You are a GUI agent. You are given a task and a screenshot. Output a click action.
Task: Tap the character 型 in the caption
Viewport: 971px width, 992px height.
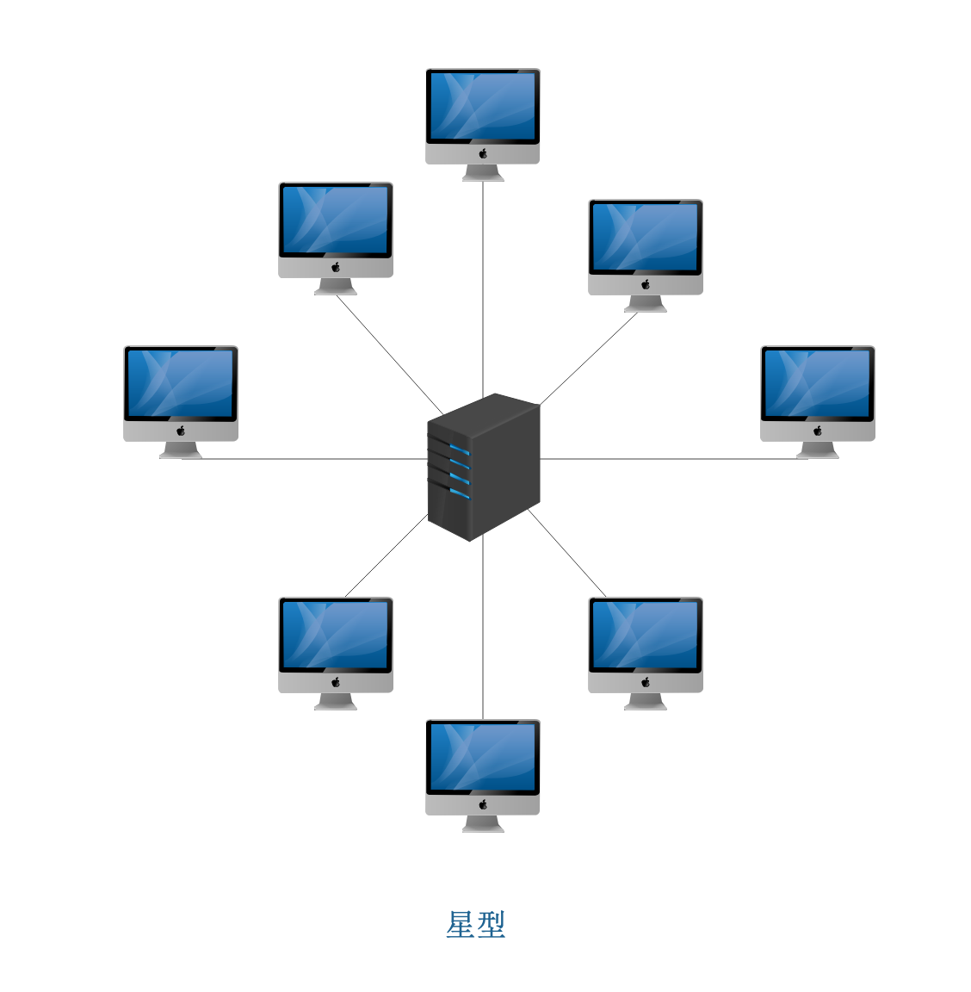[x=491, y=925]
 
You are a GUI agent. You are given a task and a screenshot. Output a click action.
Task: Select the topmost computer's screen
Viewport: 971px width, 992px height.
[x=483, y=106]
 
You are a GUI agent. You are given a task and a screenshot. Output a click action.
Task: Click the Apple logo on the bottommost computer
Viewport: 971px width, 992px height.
[x=483, y=804]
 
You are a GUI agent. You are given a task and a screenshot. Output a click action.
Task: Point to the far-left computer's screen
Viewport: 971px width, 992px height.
[x=181, y=382]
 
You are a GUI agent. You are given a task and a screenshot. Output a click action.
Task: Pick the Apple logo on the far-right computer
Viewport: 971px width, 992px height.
[x=818, y=431]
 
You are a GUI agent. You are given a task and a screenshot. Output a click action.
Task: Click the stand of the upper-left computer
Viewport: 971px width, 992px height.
[x=336, y=287]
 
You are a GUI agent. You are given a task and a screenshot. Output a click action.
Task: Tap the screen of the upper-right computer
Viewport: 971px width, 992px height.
[x=646, y=236]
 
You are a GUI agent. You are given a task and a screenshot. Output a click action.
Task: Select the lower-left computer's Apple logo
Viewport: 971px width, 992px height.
[x=336, y=682]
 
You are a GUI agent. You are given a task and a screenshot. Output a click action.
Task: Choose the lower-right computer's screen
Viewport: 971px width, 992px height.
[x=646, y=634]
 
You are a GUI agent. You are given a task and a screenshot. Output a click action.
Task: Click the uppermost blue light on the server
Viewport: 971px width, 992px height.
[x=461, y=450]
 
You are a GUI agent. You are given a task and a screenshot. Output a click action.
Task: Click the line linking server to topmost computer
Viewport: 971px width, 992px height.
[x=483, y=284]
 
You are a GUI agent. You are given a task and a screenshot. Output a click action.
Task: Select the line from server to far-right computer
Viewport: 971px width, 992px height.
[x=663, y=458]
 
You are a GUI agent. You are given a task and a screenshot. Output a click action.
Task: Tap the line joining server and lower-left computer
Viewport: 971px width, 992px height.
[x=387, y=555]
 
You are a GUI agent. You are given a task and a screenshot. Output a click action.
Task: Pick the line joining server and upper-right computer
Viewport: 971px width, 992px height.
[x=589, y=358]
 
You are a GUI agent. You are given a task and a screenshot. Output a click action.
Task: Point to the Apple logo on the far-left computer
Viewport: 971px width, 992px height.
[x=181, y=431]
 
